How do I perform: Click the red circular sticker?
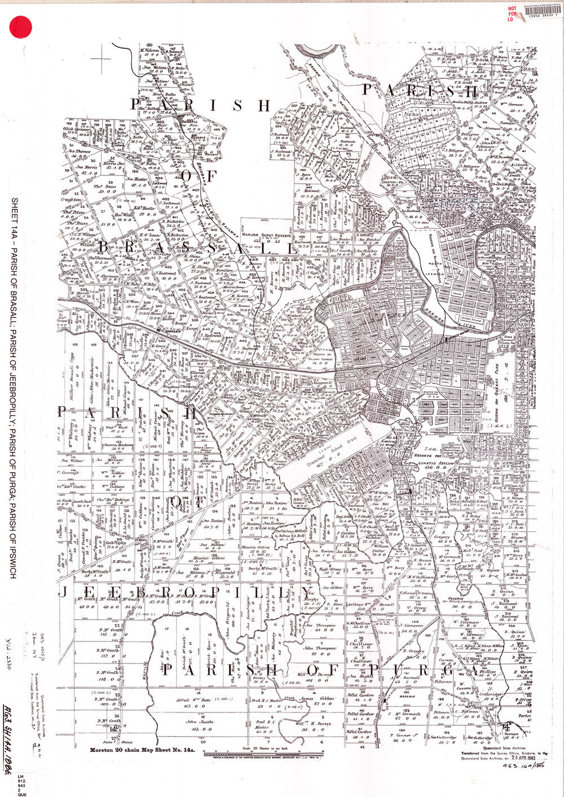(22, 26)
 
